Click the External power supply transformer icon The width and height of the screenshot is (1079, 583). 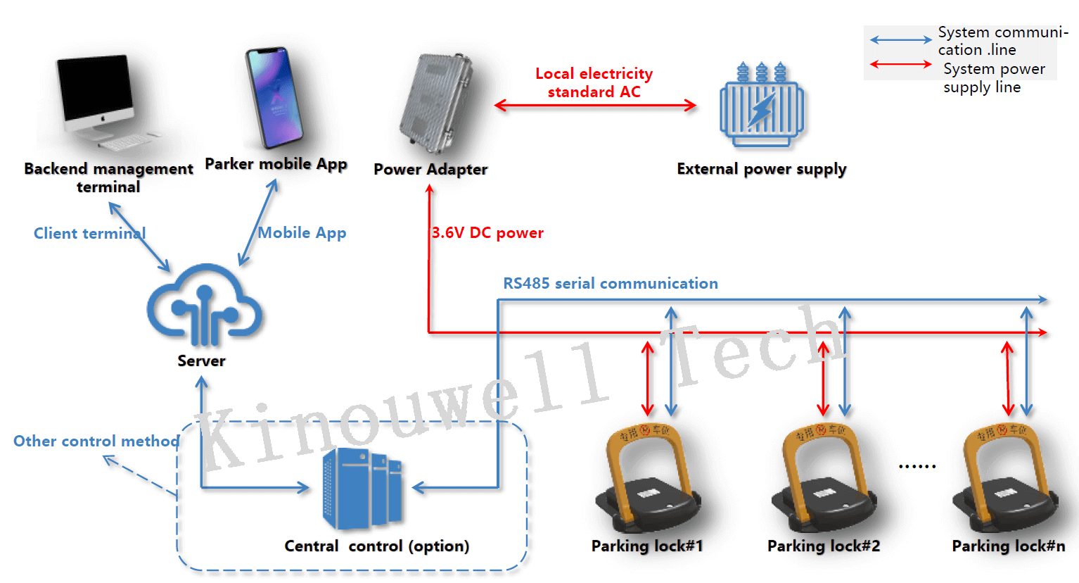click(761, 106)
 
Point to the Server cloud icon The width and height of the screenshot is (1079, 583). click(204, 303)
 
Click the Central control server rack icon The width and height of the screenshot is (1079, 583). click(362, 489)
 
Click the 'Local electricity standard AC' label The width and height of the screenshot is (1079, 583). click(594, 83)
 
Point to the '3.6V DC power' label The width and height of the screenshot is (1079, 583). click(487, 233)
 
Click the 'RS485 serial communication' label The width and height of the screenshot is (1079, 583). click(610, 284)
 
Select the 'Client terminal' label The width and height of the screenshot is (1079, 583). click(89, 234)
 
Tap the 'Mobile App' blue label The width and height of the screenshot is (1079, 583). click(302, 233)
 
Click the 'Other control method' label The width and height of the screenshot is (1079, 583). click(96, 441)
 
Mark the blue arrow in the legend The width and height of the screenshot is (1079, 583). click(900, 40)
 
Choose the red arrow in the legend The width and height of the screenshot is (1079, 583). click(900, 64)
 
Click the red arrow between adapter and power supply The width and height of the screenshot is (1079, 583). click(595, 106)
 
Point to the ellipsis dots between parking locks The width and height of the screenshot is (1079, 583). click(917, 466)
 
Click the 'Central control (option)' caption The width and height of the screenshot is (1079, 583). click(376, 546)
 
